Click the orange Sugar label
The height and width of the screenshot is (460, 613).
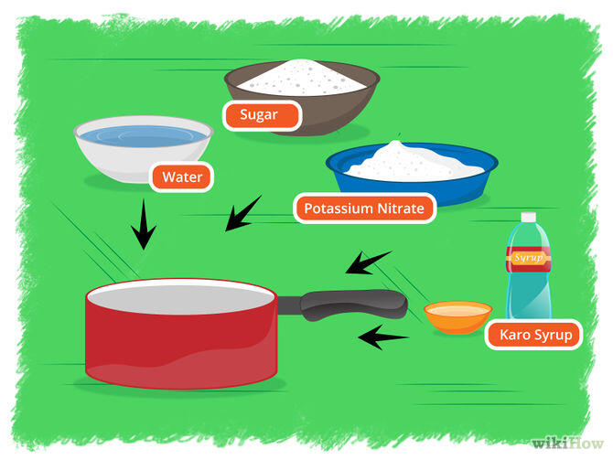coord(262,115)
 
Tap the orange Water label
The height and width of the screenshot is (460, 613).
coord(182,177)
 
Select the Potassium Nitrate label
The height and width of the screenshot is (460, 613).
coord(364,208)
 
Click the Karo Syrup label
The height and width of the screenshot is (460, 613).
coord(534,335)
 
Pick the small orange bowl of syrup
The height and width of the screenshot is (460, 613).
coord(457,317)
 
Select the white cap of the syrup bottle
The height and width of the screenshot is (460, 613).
coord(528,217)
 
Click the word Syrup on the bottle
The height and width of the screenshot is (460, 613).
coord(529,258)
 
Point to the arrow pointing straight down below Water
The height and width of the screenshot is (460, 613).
coord(144,224)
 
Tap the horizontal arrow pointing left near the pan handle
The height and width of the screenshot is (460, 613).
coord(383,337)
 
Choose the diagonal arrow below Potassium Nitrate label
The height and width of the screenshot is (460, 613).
coord(369,262)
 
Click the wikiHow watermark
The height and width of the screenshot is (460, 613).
coord(567,444)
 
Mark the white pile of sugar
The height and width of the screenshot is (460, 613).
coord(301,78)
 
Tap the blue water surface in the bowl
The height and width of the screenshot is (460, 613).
coord(143,136)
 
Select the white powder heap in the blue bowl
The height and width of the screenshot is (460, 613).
coord(414,162)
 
